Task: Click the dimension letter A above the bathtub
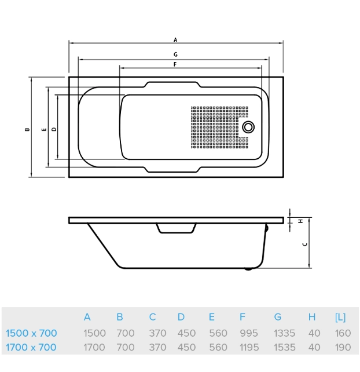click(x=175, y=40)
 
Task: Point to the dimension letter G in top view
click(x=175, y=54)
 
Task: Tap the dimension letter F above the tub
click(x=174, y=64)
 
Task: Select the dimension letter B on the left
click(x=27, y=129)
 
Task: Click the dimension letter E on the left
click(x=44, y=129)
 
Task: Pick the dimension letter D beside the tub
click(x=54, y=129)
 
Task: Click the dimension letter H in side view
click(x=301, y=221)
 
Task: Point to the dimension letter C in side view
click(x=304, y=244)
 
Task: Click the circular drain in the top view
click(x=249, y=127)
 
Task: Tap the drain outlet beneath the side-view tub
click(x=249, y=268)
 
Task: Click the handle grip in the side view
click(x=176, y=229)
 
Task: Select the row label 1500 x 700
click(x=31, y=333)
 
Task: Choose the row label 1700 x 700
click(x=31, y=348)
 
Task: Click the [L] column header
click(x=340, y=317)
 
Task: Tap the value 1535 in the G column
click(x=284, y=348)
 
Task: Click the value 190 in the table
click(x=343, y=348)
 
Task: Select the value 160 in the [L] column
click(x=343, y=333)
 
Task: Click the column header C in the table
click(x=152, y=317)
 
